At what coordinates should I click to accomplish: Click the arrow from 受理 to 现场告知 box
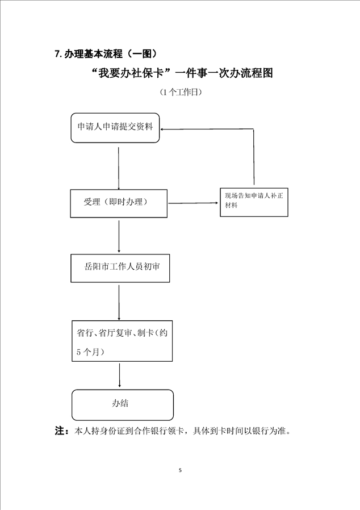193,203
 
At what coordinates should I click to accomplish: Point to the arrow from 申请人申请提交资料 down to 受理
118,169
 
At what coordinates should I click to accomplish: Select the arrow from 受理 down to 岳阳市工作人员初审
119,236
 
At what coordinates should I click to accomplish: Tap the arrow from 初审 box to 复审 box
119,303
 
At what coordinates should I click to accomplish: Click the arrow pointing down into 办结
120,375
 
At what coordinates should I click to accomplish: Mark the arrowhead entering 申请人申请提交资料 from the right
162,129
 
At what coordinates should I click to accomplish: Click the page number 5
180,470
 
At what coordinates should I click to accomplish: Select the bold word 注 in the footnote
60,431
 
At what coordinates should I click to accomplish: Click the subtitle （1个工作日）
181,93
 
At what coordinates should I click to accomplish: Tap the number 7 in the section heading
57,54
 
